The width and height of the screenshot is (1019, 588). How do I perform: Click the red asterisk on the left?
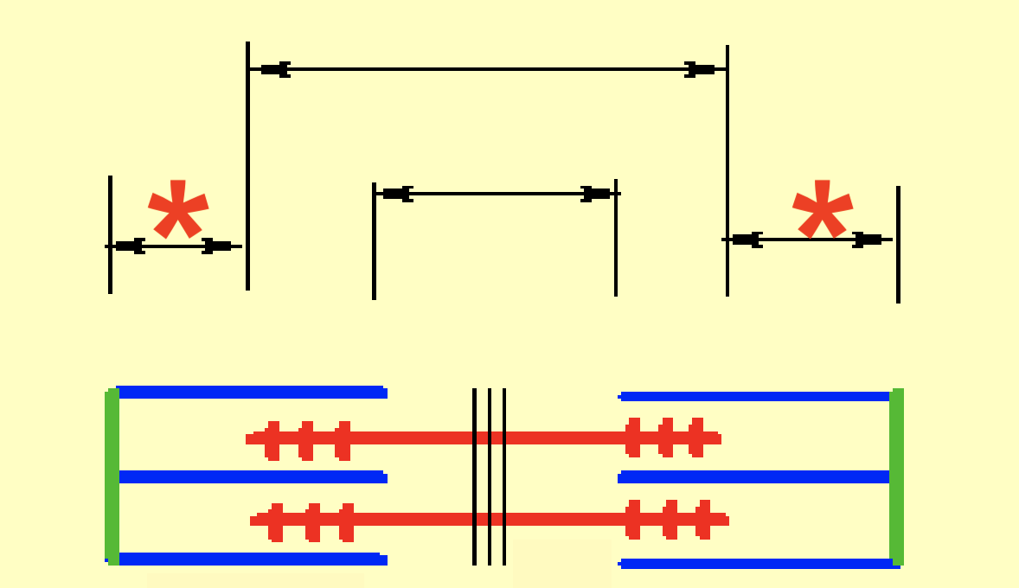pyautogui.click(x=178, y=210)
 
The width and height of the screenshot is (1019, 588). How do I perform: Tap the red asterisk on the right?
pyautogui.click(x=823, y=210)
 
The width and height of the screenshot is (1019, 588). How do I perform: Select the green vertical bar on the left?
pyautogui.click(x=112, y=476)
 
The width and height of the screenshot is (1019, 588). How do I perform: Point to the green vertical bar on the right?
pyautogui.click(x=897, y=476)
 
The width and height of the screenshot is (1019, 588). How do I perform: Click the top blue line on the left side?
pyautogui.click(x=251, y=392)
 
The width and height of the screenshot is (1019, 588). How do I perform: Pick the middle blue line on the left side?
pyautogui.click(x=251, y=476)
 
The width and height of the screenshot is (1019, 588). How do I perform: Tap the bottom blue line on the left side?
pyautogui.click(x=251, y=559)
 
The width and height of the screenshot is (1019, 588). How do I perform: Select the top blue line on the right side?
pyautogui.click(x=754, y=396)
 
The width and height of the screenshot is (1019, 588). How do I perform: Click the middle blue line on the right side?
pyautogui.click(x=754, y=476)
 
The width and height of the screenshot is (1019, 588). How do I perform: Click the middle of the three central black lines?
pyautogui.click(x=490, y=476)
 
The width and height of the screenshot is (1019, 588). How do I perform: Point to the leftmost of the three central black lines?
pyautogui.click(x=474, y=476)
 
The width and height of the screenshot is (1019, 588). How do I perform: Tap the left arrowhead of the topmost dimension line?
pyautogui.click(x=275, y=69)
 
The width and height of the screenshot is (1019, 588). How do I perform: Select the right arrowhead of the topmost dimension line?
pyautogui.click(x=700, y=69)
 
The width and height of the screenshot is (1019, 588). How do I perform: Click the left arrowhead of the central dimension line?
pyautogui.click(x=397, y=194)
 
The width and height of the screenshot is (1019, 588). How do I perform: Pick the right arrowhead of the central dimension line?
pyautogui.click(x=596, y=194)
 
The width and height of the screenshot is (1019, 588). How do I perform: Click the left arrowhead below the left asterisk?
pyautogui.click(x=130, y=246)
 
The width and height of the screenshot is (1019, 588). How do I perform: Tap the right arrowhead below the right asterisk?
pyautogui.click(x=868, y=240)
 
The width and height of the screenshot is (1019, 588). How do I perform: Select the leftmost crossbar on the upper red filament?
pyautogui.click(x=273, y=440)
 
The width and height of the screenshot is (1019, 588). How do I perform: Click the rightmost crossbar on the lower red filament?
pyautogui.click(x=704, y=519)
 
